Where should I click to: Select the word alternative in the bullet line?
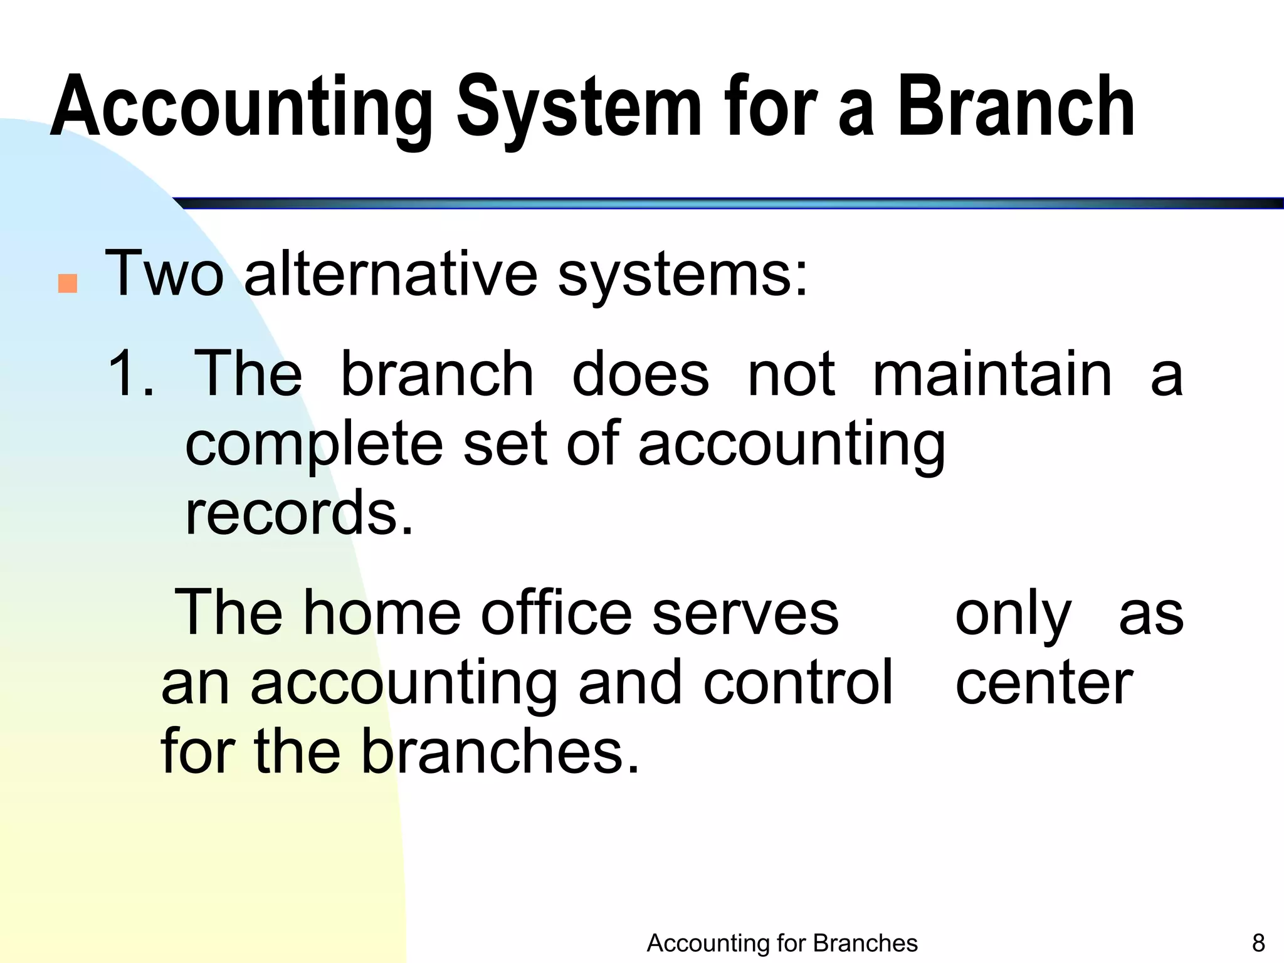click(x=390, y=275)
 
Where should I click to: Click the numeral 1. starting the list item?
click(x=130, y=375)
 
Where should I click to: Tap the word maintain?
click(x=992, y=375)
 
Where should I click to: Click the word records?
click(x=299, y=513)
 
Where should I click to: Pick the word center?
click(x=1043, y=683)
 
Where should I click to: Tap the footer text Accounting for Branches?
click(x=782, y=943)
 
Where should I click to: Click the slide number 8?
click(x=1258, y=943)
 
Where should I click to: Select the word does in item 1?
click(x=640, y=375)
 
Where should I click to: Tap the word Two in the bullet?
click(x=164, y=275)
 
